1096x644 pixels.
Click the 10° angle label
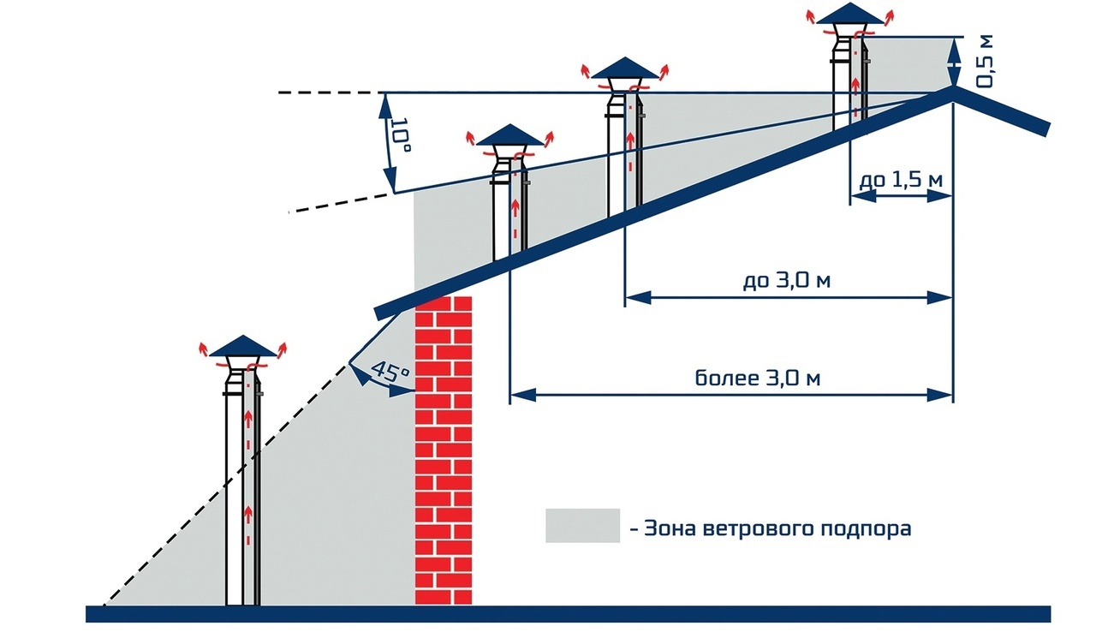coord(400,134)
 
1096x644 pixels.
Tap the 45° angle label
coord(390,373)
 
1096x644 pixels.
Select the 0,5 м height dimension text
coord(985,62)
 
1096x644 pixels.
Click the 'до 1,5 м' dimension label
coord(901,180)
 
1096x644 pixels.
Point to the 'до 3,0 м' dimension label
coord(787,281)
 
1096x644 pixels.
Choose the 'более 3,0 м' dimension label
coord(758,378)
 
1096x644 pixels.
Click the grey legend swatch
coord(583,526)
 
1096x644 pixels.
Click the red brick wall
coord(444,450)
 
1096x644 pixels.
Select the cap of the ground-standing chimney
coord(243,346)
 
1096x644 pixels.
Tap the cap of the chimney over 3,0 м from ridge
coord(509,135)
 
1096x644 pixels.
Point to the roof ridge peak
coord(953,87)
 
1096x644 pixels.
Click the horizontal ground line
coord(568,614)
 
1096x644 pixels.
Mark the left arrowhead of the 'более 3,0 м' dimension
coord(522,395)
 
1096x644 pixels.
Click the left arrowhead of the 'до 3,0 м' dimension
coord(638,297)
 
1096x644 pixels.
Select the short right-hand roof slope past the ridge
coord(1002,110)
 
